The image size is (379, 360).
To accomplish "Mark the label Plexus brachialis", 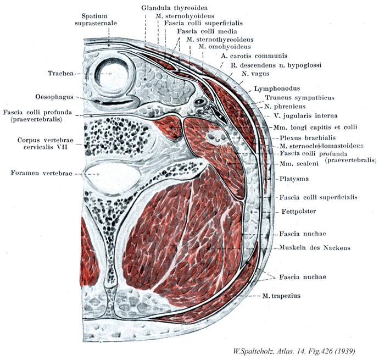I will click(307, 137).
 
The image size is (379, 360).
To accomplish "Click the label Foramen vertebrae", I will click(40, 173).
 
